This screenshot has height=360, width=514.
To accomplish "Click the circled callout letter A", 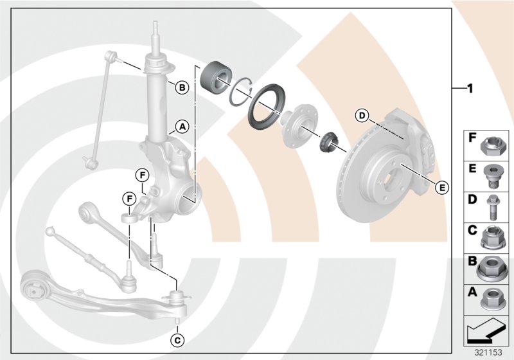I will (182, 127).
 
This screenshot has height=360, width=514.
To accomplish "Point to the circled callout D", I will (362, 116).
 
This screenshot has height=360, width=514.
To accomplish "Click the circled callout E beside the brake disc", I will (441, 188).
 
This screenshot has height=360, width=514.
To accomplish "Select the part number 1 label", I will (470, 88).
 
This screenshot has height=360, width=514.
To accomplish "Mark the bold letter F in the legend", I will (472, 138).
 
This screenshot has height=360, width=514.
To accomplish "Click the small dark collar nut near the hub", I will (329, 140).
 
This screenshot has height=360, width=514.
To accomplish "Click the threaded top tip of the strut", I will (155, 29).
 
